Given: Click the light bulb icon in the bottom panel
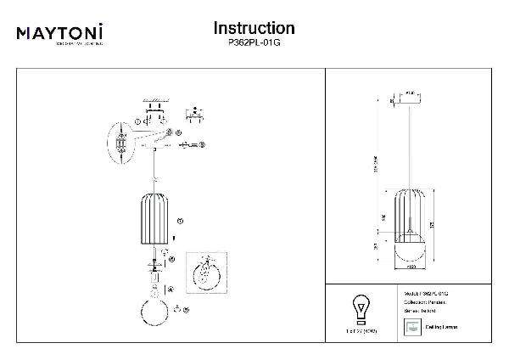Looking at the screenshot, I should (x=361, y=307).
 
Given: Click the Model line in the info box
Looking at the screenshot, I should (x=427, y=293).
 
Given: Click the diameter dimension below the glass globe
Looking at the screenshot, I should (x=410, y=268).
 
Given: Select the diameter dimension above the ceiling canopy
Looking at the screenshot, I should (x=410, y=89).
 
